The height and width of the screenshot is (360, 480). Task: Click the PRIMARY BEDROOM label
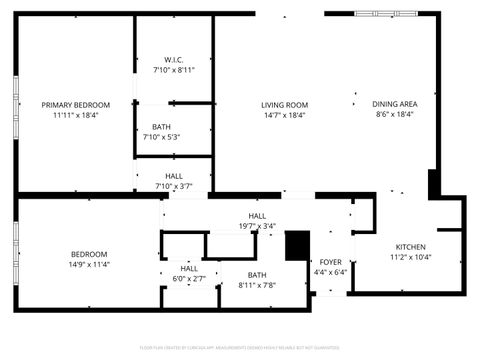(75, 104)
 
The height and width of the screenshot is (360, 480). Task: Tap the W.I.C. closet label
(173, 59)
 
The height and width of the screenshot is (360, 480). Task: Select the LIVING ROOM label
(284, 104)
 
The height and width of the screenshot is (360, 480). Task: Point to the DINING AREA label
(394, 104)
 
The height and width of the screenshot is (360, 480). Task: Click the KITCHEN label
(410, 247)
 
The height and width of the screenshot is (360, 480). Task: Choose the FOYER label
(330, 262)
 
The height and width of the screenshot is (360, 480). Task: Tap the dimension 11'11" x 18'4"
(75, 115)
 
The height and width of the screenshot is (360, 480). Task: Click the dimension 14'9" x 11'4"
(88, 265)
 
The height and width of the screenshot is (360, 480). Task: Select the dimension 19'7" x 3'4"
(257, 227)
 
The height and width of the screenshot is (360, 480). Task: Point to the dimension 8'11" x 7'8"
(257, 286)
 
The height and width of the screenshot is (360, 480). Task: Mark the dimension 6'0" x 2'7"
(189, 279)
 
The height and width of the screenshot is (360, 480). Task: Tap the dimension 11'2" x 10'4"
(410, 258)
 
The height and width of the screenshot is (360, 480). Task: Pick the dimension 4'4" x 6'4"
(330, 272)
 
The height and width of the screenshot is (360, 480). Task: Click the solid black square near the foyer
(297, 245)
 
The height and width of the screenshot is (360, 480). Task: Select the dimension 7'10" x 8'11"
(173, 70)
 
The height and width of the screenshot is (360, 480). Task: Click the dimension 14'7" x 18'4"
(284, 115)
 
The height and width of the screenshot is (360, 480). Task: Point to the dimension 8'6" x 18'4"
(394, 115)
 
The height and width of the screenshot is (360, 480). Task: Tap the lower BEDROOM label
(88, 254)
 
